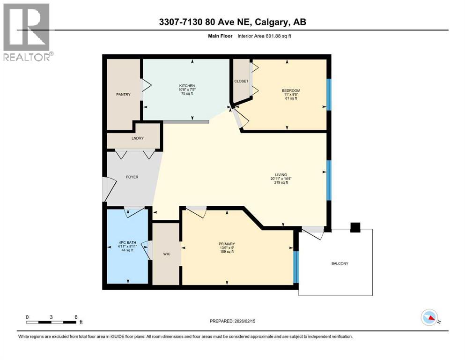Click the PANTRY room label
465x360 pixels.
[123, 95]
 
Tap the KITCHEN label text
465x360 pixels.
[187, 86]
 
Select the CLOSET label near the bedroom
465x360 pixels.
[241, 81]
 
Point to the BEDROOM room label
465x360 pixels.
[290, 90]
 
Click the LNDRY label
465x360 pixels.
[137, 138]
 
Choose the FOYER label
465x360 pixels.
[132, 177]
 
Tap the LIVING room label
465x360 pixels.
[281, 175]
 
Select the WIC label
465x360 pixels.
[167, 255]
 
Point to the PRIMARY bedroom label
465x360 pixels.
[226, 244]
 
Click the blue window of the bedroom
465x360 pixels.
[329, 94]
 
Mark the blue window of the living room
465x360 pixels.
[329, 180]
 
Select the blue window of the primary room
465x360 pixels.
[295, 267]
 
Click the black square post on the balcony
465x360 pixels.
[355, 227]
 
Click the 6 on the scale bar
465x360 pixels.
[75, 316]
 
